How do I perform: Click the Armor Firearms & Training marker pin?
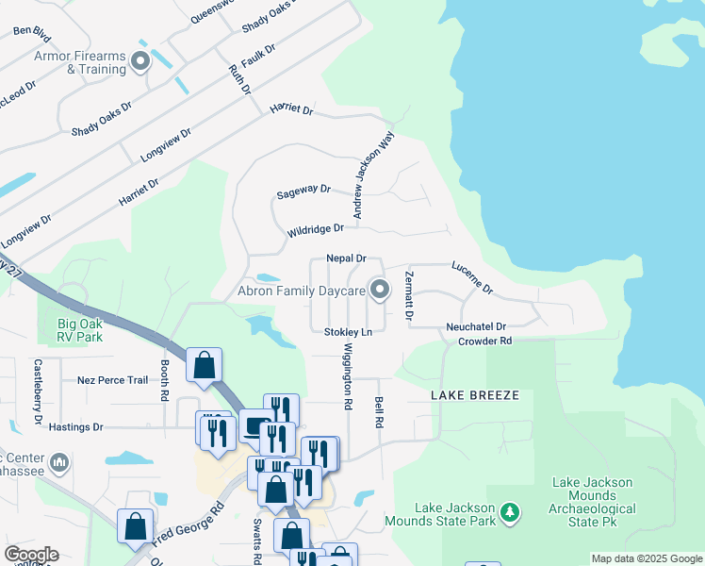coord(141,62)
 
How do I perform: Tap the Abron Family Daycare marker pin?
coord(379,291)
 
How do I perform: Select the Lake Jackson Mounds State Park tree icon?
coord(510,512)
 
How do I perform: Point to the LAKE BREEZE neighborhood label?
coord(475,395)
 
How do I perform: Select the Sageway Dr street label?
coord(303,191)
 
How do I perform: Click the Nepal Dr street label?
coord(345,258)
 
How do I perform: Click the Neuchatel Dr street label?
coord(476,326)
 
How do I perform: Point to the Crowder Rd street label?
coord(484,341)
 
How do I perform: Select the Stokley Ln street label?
coord(348,332)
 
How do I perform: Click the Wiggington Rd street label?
coord(347,376)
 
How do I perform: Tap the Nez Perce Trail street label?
coord(112,380)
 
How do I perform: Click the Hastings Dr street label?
coord(75,427)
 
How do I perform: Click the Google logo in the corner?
coord(30,555)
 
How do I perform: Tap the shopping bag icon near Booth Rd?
coord(205,366)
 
